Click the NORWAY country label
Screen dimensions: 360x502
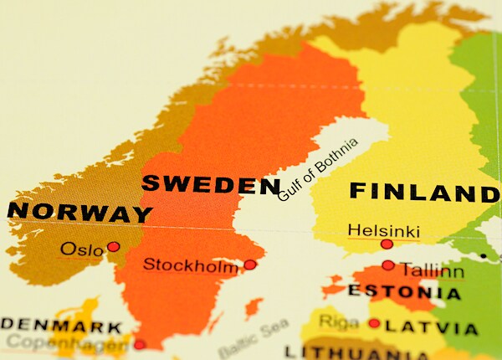[x=79, y=211]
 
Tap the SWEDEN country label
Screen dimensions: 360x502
[x=210, y=184]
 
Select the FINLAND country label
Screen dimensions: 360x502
[x=423, y=192]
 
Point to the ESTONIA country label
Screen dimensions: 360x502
[x=404, y=292]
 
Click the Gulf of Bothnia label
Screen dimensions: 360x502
[x=318, y=170]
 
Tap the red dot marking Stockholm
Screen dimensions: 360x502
[x=249, y=265]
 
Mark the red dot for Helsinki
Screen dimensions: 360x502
[x=387, y=244]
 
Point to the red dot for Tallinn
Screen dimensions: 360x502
[x=388, y=265]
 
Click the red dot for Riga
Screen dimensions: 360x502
[x=374, y=323]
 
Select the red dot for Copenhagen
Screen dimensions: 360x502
[x=140, y=343]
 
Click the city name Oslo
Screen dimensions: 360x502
[x=82, y=249]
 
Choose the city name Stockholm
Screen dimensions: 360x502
[x=190, y=265]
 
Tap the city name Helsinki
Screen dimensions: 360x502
[x=383, y=229]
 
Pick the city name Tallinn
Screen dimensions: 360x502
[x=431, y=270]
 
